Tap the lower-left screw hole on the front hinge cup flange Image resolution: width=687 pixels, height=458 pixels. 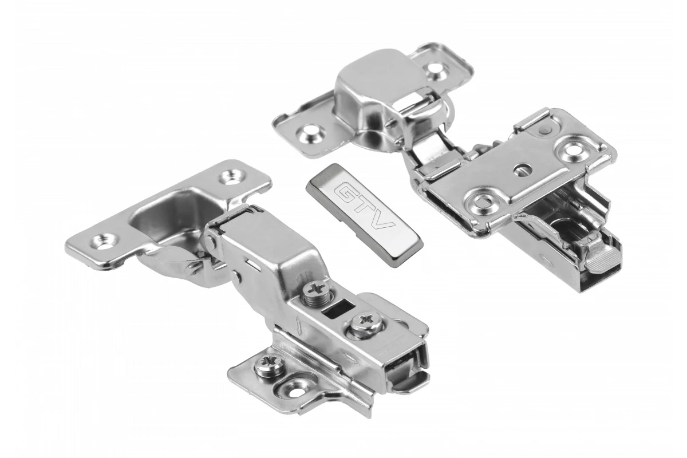pyautogui.click(x=104, y=242)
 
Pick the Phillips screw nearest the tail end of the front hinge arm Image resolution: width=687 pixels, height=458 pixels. pyautogui.click(x=366, y=322)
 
